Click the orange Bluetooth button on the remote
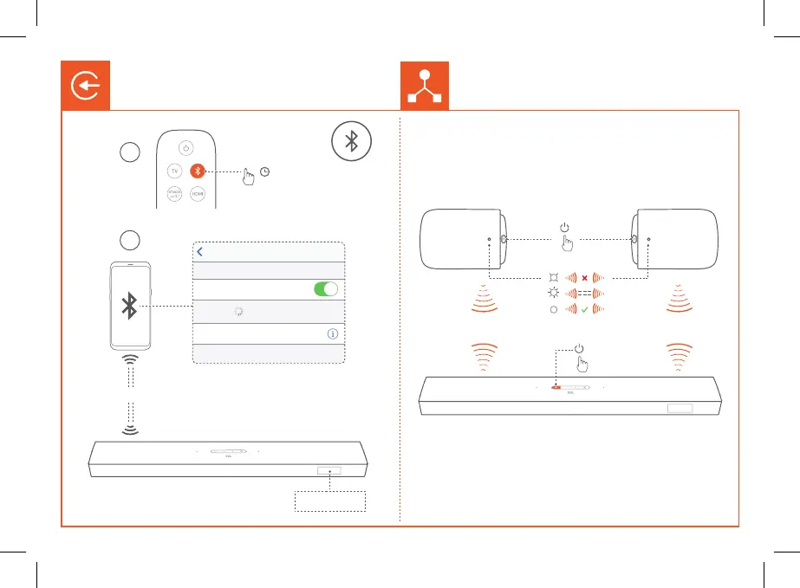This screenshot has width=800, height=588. [198, 171]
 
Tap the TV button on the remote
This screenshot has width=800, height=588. [174, 171]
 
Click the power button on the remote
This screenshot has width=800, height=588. [186, 147]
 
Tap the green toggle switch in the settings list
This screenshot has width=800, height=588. [326, 289]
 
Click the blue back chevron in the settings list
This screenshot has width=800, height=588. [200, 252]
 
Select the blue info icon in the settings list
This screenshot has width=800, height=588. [331, 333]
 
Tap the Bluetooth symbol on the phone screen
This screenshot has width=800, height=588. [129, 304]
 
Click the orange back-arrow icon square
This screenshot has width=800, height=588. [84, 85]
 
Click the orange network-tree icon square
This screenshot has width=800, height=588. [424, 85]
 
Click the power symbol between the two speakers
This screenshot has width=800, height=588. [564, 228]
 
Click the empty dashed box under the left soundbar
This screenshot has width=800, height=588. [330, 502]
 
